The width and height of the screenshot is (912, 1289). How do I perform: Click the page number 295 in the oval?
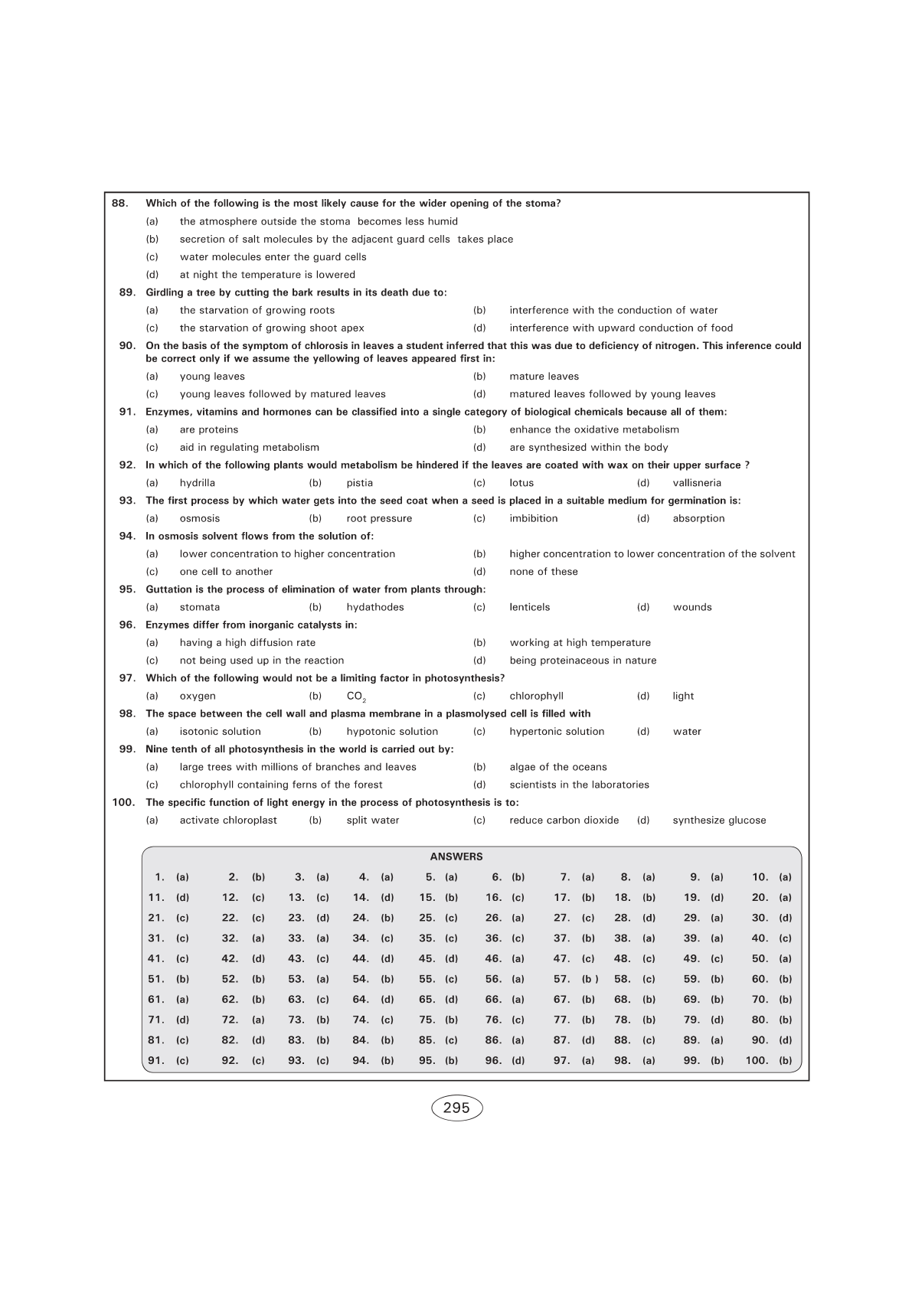[x=456, y=1108]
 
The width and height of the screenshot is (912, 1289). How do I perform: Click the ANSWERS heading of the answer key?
[x=456, y=857]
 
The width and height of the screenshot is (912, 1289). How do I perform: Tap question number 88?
[x=120, y=204]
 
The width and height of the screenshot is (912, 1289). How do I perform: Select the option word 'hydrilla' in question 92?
[x=197, y=483]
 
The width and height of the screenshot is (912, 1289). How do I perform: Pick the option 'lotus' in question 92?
[x=521, y=483]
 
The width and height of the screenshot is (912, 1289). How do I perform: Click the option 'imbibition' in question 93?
[x=533, y=518]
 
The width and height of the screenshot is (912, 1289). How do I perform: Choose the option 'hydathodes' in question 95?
[x=374, y=607]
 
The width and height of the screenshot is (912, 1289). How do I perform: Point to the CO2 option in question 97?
[x=356, y=697]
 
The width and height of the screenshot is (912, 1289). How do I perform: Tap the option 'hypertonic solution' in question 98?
[x=557, y=732]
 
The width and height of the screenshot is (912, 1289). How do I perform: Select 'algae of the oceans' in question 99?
[x=557, y=767]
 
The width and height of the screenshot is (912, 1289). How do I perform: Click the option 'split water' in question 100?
[x=372, y=821]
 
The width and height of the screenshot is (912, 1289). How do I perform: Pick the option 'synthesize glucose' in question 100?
[x=719, y=821]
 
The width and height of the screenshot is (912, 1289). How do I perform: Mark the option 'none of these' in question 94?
[x=543, y=572]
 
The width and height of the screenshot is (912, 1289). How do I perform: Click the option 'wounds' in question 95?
[x=692, y=607]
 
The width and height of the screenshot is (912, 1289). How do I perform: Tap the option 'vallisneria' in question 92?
[x=697, y=483]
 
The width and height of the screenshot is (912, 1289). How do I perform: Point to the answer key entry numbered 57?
[x=575, y=979]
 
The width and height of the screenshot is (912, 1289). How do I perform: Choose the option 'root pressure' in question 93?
[x=379, y=518]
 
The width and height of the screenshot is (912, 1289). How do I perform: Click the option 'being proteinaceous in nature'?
[x=583, y=661]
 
